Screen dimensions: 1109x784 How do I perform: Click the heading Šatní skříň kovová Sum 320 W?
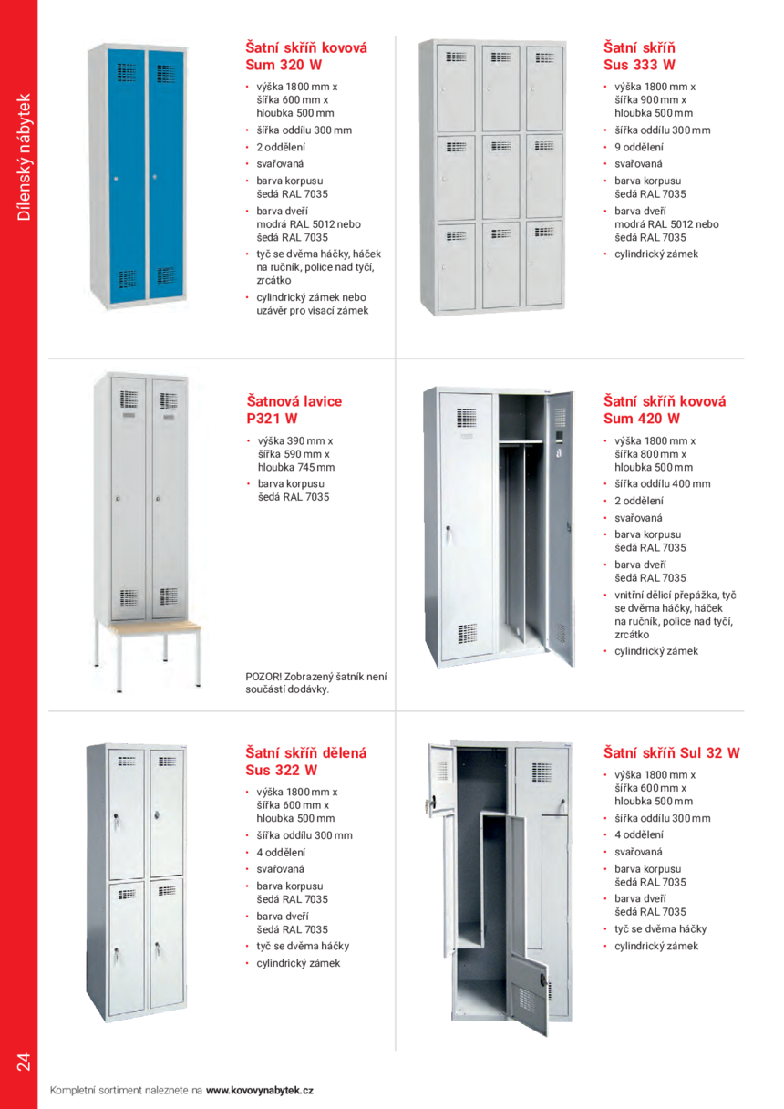(x=306, y=56)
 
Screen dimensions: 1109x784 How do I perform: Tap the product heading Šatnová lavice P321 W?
(x=294, y=409)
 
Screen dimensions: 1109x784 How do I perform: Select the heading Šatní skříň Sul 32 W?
(x=671, y=753)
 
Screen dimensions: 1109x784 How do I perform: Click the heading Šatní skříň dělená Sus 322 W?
(x=305, y=762)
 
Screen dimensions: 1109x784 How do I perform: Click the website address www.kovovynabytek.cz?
(x=260, y=1090)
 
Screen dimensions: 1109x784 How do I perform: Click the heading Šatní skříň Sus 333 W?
(x=639, y=56)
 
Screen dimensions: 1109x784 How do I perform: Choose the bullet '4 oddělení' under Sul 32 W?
(x=639, y=834)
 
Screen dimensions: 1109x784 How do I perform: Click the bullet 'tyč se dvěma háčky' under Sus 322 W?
(x=303, y=946)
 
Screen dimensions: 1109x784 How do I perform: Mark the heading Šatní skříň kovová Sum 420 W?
(x=664, y=409)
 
